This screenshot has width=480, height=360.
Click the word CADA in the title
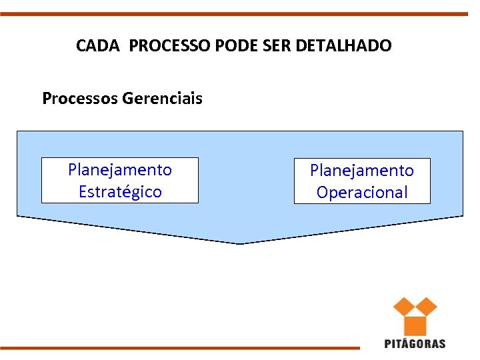click(x=99, y=46)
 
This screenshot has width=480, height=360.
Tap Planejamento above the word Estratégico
click(x=120, y=169)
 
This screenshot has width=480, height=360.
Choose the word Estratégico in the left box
click(x=120, y=192)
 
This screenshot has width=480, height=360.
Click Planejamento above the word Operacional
click(x=362, y=170)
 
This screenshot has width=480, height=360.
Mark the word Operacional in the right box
click(x=362, y=193)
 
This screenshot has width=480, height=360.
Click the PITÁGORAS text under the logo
click(x=415, y=344)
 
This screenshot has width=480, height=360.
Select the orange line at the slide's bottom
click(x=180, y=347)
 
